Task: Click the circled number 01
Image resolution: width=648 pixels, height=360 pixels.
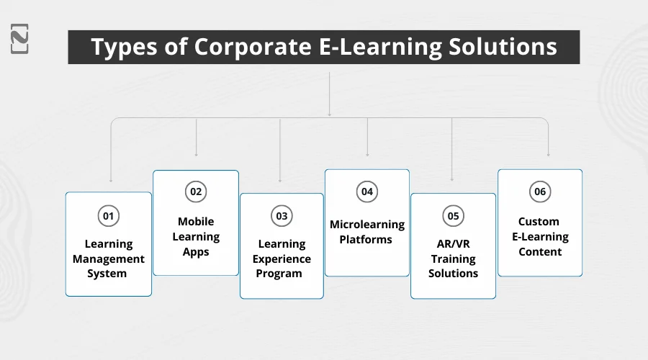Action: click(108, 215)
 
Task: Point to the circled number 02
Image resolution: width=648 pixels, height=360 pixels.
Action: click(195, 192)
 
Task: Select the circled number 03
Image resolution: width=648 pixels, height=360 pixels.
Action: click(282, 215)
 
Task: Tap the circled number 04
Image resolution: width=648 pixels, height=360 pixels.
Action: click(367, 192)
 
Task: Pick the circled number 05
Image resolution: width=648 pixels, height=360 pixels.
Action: click(453, 215)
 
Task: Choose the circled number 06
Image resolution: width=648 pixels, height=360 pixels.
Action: click(540, 192)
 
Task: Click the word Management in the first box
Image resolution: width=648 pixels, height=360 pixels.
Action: click(109, 258)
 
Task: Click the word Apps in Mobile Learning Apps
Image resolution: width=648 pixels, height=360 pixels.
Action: click(196, 251)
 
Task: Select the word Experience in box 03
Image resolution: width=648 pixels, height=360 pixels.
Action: click(282, 258)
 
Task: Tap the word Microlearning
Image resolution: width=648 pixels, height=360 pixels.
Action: click(367, 224)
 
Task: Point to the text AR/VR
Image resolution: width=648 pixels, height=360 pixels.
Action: click(453, 243)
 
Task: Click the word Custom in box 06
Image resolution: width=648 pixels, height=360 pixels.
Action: click(539, 222)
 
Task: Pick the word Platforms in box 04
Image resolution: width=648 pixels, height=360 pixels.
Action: click(366, 239)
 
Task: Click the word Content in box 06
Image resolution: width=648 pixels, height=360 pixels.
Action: click(540, 251)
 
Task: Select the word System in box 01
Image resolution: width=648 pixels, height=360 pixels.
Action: click(108, 274)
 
